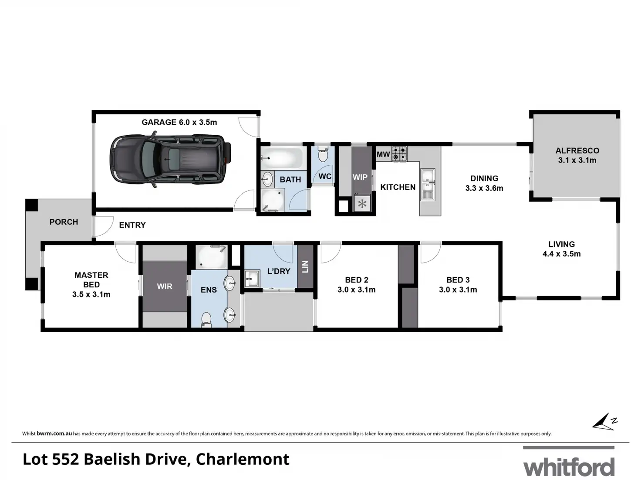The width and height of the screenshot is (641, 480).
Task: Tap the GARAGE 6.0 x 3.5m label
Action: pyautogui.click(x=179, y=123)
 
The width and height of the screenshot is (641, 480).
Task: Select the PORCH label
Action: pyautogui.click(x=64, y=222)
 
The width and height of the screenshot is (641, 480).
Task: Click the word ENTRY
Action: pyautogui.click(x=132, y=225)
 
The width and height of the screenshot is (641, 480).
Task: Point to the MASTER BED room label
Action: pyautogui.click(x=91, y=285)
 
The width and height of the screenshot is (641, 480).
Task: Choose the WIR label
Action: pyautogui.click(x=165, y=287)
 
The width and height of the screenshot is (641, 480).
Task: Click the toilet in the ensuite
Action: pyautogui.click(x=206, y=320)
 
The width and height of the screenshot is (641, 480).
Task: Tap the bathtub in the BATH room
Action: pyautogui.click(x=282, y=158)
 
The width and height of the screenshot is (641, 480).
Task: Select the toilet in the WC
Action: pyautogui.click(x=323, y=154)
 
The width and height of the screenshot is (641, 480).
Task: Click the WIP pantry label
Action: pyautogui.click(x=360, y=177)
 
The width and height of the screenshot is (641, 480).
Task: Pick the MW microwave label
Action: pyautogui.click(x=383, y=154)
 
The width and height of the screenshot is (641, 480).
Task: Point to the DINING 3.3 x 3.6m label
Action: pyautogui.click(x=484, y=183)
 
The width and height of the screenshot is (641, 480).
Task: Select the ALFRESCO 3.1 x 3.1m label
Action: pyautogui.click(x=577, y=156)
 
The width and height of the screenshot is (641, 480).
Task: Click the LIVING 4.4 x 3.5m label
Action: pyautogui.click(x=561, y=249)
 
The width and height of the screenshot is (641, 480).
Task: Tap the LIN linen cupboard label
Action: pyautogui.click(x=305, y=267)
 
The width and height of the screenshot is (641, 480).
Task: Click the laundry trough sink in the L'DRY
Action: pyautogui.click(x=251, y=279)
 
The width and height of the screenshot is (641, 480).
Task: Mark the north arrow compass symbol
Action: pyautogui.click(x=604, y=422)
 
